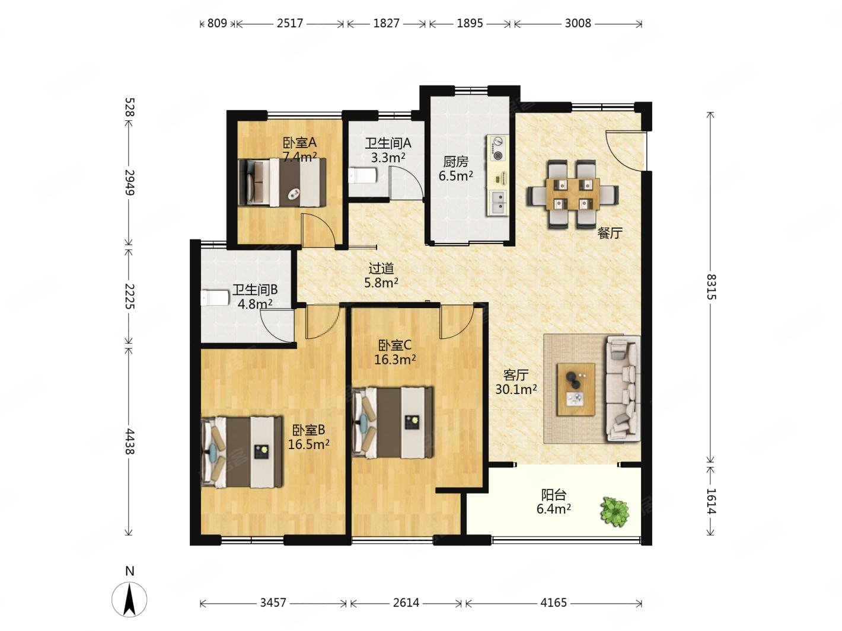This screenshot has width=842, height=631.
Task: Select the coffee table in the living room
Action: pyautogui.click(x=576, y=389)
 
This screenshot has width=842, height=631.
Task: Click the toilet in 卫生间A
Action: pyautogui.click(x=363, y=176)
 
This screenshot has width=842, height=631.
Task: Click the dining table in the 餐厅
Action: pyautogui.click(x=573, y=194)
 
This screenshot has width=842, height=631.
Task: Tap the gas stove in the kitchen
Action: pyautogui.click(x=497, y=148)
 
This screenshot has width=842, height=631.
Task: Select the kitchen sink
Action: pyautogui.click(x=497, y=203)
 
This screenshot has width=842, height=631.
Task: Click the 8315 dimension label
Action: pyautogui.click(x=710, y=287)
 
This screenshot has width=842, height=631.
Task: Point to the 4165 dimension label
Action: pyautogui.click(x=553, y=603)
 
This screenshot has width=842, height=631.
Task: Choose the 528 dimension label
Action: pyautogui.click(x=130, y=107)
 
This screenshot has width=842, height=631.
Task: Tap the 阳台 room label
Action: pyautogui.click(x=554, y=495)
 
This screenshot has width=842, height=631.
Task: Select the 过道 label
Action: pyautogui.click(x=381, y=268)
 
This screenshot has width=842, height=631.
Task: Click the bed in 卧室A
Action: pyautogui.click(x=282, y=182)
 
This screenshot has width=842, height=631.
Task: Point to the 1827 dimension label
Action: pyautogui.click(x=386, y=23)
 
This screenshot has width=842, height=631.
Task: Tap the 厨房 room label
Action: pyautogui.click(x=456, y=162)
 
